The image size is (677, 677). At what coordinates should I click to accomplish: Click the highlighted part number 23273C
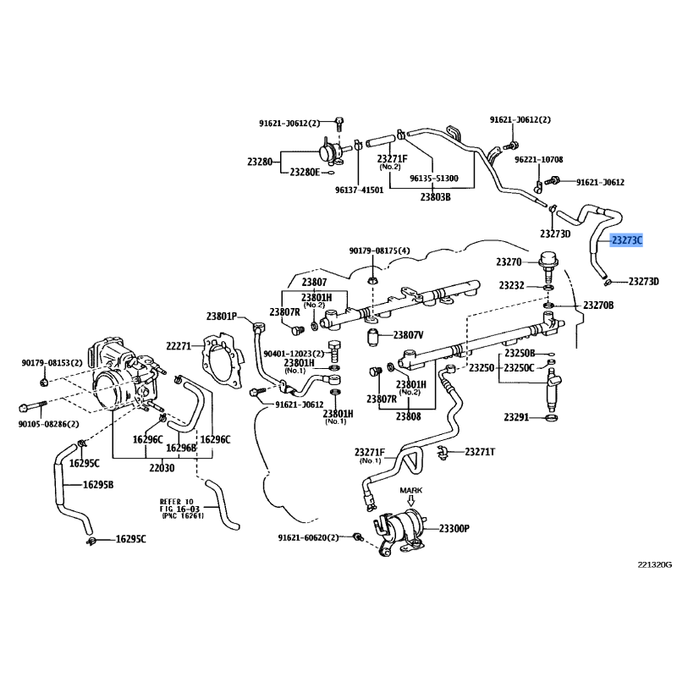point(627,240)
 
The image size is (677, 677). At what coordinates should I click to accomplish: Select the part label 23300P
point(454,529)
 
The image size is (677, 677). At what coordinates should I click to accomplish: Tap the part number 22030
point(162,468)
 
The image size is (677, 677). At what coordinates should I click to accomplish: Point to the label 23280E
point(305,172)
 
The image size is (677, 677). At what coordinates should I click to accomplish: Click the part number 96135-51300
point(434,179)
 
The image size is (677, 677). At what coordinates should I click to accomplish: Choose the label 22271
point(179,345)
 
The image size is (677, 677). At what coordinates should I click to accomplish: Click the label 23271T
point(480,452)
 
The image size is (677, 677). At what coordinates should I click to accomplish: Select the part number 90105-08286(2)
point(50,423)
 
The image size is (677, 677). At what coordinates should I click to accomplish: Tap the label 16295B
point(98,485)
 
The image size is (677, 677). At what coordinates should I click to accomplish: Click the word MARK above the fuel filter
point(410,490)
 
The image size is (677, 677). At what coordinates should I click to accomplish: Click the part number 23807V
point(409,335)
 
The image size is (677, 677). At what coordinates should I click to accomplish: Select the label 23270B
point(597,305)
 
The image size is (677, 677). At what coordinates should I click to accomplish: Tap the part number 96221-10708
point(539,159)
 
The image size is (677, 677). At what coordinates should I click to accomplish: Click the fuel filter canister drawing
point(402,526)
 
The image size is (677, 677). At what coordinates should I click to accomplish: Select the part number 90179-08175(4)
point(380,250)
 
